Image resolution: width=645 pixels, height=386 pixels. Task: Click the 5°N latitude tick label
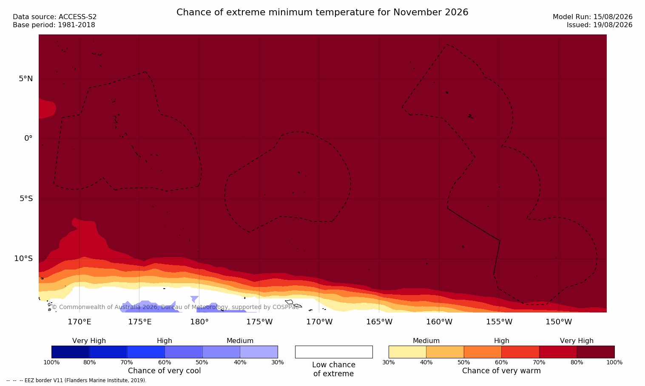click(26, 79)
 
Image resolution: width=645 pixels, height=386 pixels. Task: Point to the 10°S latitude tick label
click(24, 258)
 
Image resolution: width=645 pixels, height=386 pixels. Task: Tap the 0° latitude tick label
click(28, 139)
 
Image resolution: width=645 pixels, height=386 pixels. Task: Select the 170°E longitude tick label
click(80, 322)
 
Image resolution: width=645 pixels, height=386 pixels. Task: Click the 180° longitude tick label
click(199, 322)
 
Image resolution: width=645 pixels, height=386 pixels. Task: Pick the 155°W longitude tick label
click(499, 322)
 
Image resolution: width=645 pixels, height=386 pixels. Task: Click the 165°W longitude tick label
click(379, 322)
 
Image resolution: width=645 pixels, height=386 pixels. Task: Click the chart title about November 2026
click(322, 12)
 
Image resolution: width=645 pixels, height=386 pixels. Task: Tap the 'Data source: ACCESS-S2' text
click(55, 17)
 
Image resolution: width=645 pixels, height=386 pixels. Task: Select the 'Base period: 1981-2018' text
click(54, 25)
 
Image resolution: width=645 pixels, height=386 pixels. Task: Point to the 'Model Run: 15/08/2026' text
click(593, 17)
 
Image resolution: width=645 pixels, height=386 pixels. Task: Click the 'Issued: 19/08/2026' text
click(600, 25)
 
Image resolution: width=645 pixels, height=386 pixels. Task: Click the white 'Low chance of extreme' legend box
click(334, 352)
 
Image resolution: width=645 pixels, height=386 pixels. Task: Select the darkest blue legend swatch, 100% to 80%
click(70, 352)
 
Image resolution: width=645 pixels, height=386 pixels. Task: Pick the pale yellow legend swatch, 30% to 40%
click(407, 352)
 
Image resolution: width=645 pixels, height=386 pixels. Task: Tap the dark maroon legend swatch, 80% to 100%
click(596, 352)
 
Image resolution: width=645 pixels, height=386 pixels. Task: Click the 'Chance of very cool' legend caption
click(165, 371)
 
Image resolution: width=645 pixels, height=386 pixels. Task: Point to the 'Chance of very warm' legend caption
click(501, 371)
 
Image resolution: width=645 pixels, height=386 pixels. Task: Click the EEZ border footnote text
click(76, 380)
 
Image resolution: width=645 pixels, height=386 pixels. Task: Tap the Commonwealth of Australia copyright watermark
click(175, 307)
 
